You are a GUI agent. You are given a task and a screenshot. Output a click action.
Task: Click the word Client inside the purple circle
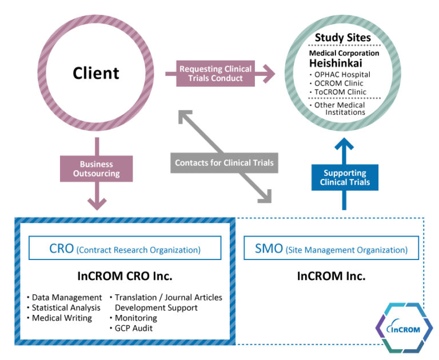pyautogui.click(x=95, y=73)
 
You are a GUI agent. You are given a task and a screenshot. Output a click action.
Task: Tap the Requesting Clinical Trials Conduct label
pyautogui.click(x=214, y=74)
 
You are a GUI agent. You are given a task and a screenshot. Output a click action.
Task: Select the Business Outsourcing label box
pyautogui.click(x=96, y=169)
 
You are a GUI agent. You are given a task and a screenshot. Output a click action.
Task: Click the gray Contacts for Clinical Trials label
pyautogui.click(x=224, y=163)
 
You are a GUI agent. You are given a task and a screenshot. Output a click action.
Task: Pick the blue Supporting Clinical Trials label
pyautogui.click(x=345, y=178)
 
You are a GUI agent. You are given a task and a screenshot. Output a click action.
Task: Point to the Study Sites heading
pyautogui.click(x=342, y=38)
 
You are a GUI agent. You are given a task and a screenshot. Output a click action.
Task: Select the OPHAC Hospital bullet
pyautogui.click(x=341, y=74)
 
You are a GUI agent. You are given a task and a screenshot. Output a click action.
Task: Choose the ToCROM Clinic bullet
pyautogui.click(x=339, y=91)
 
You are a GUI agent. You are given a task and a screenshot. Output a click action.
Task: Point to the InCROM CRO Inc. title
pyautogui.click(x=125, y=276)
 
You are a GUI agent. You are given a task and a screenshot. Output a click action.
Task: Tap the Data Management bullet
pyautogui.click(x=65, y=298)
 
